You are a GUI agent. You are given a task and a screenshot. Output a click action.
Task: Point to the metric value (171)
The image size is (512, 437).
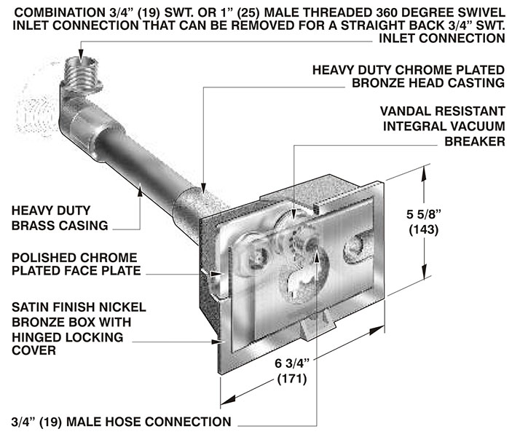291,379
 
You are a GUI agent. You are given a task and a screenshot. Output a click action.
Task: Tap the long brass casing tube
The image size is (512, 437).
138,164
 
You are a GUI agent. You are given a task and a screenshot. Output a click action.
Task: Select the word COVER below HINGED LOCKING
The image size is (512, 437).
32,352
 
